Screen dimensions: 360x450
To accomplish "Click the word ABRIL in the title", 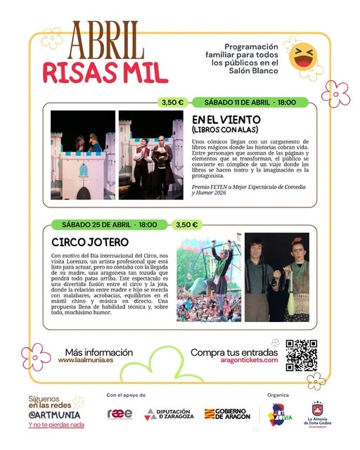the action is (x=105, y=41).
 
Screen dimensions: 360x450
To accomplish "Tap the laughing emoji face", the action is (x=303, y=57).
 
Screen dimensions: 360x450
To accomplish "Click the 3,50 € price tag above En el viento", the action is (x=172, y=102).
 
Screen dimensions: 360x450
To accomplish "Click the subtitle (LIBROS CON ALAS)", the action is (x=225, y=129).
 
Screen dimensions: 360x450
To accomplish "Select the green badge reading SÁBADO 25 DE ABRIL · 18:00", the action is (x=106, y=225).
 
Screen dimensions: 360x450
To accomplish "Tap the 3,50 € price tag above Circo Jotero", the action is (x=186, y=225).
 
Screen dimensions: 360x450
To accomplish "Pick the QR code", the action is (x=302, y=355).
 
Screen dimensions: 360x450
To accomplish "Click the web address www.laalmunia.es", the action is (x=87, y=360).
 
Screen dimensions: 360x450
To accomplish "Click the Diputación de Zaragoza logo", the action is (x=170, y=413).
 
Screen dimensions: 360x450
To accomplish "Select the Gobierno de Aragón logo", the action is (x=227, y=413).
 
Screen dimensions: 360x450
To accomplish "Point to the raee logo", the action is (x=120, y=413).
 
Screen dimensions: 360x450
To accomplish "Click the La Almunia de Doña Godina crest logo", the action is (x=317, y=413).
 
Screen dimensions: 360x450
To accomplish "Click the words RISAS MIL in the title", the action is (x=105, y=72).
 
